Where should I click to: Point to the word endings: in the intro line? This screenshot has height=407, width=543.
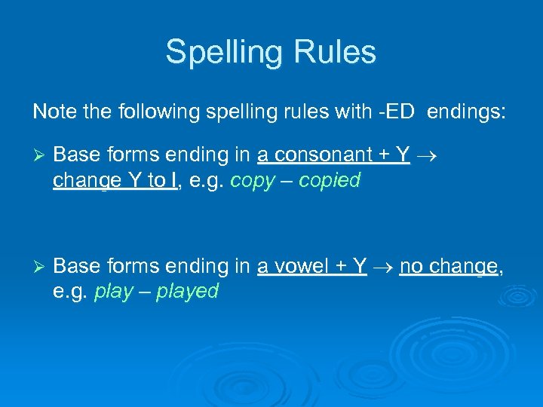468,113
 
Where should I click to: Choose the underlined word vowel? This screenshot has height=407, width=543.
302,266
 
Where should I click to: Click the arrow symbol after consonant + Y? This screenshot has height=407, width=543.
426,156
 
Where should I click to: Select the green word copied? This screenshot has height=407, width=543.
330,181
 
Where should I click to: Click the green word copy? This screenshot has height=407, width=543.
253,182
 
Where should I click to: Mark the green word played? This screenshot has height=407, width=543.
187,292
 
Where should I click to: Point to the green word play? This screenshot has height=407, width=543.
113,292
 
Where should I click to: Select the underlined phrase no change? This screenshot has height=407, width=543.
449,267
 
